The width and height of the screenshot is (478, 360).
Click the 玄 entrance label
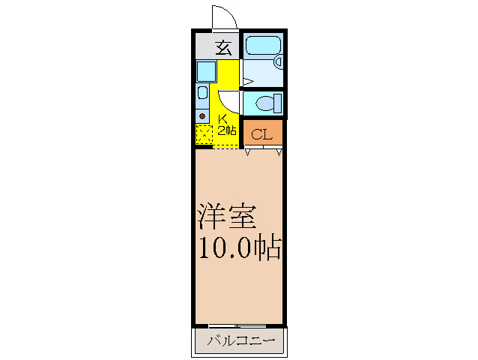click(x=223, y=47)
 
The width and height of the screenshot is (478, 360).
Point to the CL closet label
click(x=261, y=134)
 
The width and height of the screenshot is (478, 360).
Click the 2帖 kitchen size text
click(x=226, y=130)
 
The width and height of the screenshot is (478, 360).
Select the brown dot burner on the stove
click(x=202, y=115)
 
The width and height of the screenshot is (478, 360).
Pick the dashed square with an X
click(x=204, y=135)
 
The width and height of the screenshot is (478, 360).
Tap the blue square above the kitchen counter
click(x=205, y=71)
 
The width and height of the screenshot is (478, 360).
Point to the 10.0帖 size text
click(x=239, y=247)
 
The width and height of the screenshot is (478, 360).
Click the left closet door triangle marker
click(x=248, y=152)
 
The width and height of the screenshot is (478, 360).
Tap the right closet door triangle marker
click(x=279, y=152)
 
